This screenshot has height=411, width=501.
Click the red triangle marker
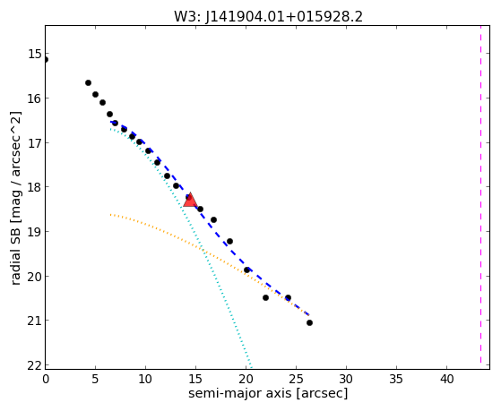[x=190, y=201]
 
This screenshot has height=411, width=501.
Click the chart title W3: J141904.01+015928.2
[x=268, y=16]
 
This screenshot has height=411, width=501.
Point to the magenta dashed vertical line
[x=480, y=194]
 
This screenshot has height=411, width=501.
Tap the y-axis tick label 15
[x=34, y=54]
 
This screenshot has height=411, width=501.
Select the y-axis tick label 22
[x=34, y=365]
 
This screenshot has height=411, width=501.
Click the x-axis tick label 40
[x=446, y=379]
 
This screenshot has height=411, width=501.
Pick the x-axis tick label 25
[x=296, y=379]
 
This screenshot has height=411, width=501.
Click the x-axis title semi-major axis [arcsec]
[x=268, y=393]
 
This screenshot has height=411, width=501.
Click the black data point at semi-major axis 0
[x=46, y=60]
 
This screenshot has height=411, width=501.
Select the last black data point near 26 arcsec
[x=309, y=323]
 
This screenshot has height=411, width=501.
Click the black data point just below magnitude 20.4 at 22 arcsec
[x=265, y=297]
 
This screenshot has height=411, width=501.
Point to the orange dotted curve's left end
[x=110, y=215]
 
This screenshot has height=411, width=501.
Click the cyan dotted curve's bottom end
[x=252, y=367]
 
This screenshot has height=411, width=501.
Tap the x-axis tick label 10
[x=145, y=379]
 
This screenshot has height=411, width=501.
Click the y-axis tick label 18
[x=34, y=187]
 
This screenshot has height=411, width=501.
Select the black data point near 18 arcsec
[x=229, y=242]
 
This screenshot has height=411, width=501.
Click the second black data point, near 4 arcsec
[x=88, y=83]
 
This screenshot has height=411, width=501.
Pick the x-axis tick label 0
[x=46, y=379]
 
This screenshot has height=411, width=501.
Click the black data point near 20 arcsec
[x=246, y=270]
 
